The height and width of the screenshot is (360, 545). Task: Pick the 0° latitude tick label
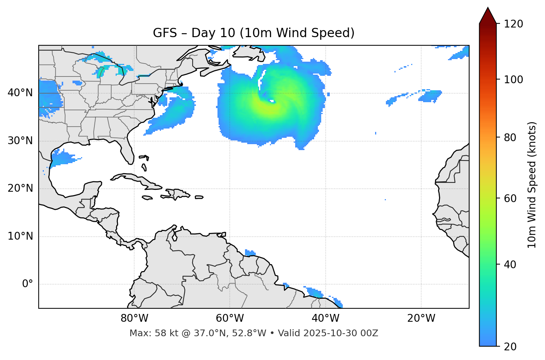tap(28, 284)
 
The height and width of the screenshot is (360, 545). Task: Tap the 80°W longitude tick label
tap(134, 318)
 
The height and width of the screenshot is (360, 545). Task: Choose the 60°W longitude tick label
tap(230, 318)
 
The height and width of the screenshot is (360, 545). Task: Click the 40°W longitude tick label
tap(325, 318)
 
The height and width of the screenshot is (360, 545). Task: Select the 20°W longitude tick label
tap(421, 318)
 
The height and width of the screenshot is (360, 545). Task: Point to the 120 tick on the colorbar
tap(513, 24)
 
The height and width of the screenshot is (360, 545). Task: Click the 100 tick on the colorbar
tap(513, 80)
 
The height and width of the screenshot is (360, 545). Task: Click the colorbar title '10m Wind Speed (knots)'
tap(532, 185)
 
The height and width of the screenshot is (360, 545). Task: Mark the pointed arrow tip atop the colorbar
tap(488, 8)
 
